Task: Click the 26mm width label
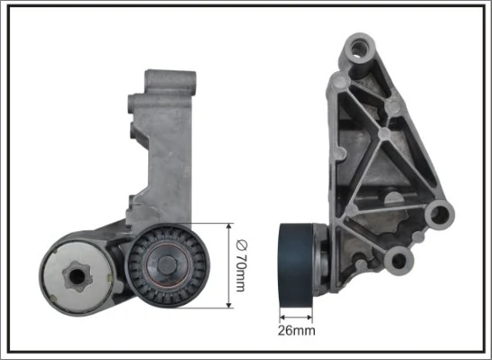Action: [x=297, y=331]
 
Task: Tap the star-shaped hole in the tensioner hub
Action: [x=77, y=270]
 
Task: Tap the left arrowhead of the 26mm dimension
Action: [x=282, y=316]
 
